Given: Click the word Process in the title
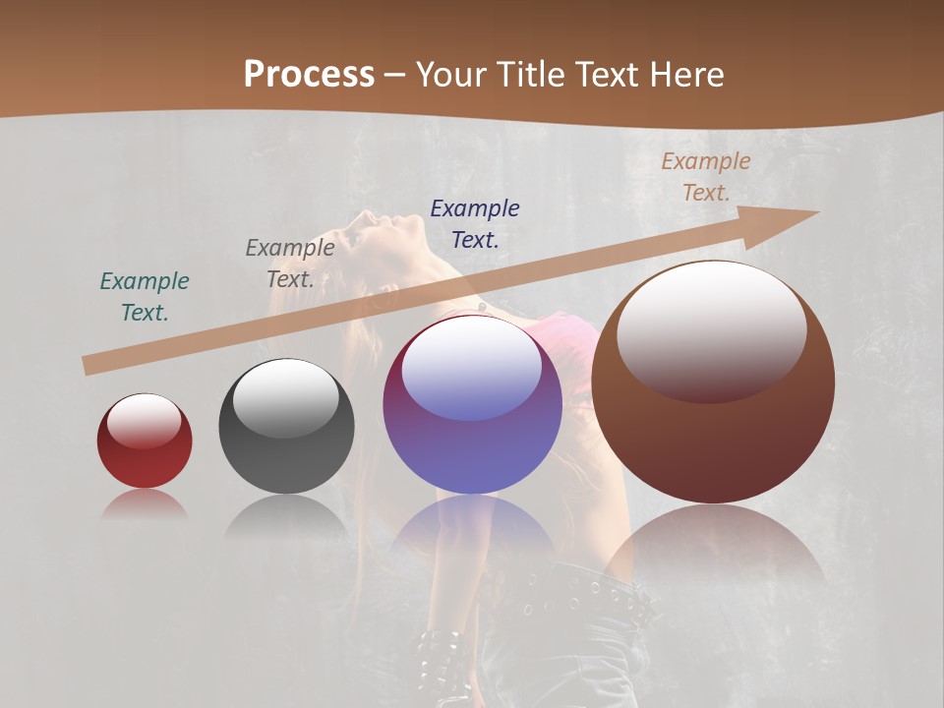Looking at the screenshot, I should (309, 75).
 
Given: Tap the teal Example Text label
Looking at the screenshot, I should (145, 297).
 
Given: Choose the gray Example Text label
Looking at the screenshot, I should (290, 264).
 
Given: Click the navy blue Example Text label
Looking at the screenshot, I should (475, 224).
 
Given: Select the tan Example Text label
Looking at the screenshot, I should (706, 177).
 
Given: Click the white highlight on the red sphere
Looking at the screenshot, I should (145, 421).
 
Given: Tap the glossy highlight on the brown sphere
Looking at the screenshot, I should (712, 329).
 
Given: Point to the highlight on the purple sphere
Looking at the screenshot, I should (472, 366).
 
